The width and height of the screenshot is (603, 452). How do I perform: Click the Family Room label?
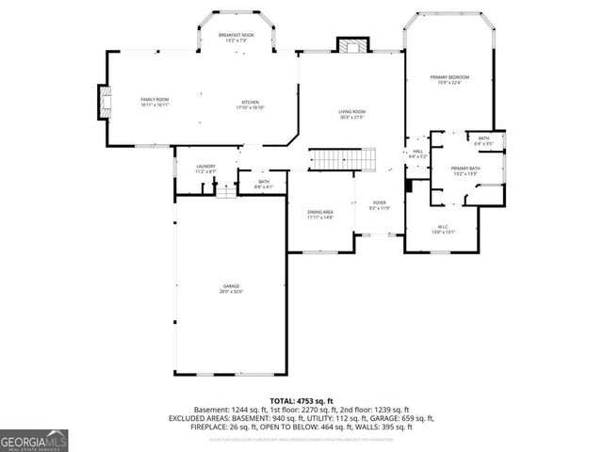point(155,102)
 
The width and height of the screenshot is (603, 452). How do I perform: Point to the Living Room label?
point(352,115)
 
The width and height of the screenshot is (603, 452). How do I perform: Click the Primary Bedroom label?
point(449,79)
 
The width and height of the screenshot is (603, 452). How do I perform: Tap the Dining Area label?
point(320,215)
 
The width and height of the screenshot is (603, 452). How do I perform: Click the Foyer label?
point(379,204)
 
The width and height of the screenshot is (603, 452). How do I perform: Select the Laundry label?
point(205,169)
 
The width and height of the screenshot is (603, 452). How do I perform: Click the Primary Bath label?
point(466,170)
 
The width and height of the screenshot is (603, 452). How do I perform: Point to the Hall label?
point(416,153)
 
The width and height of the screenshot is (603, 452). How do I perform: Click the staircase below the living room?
point(343,160)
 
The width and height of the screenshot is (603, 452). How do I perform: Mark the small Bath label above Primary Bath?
point(483,141)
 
